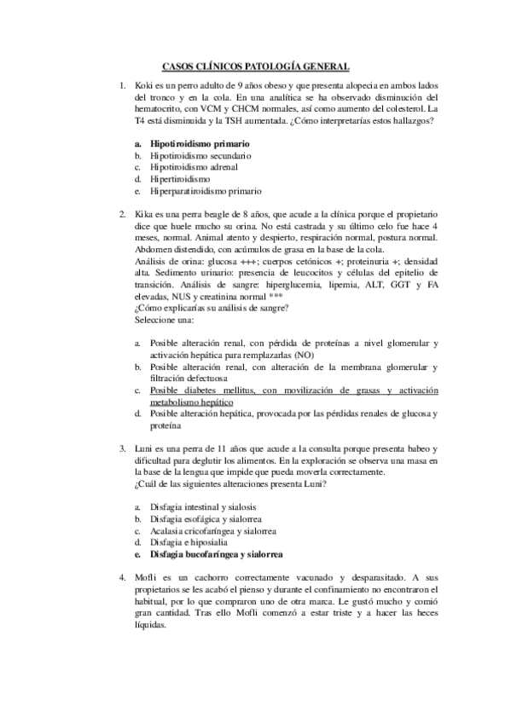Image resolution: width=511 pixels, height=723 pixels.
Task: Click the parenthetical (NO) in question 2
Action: (305, 355)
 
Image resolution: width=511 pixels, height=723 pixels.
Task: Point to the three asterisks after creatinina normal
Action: (275, 298)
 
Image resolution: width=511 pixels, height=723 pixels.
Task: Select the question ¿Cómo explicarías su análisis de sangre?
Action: (212, 309)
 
